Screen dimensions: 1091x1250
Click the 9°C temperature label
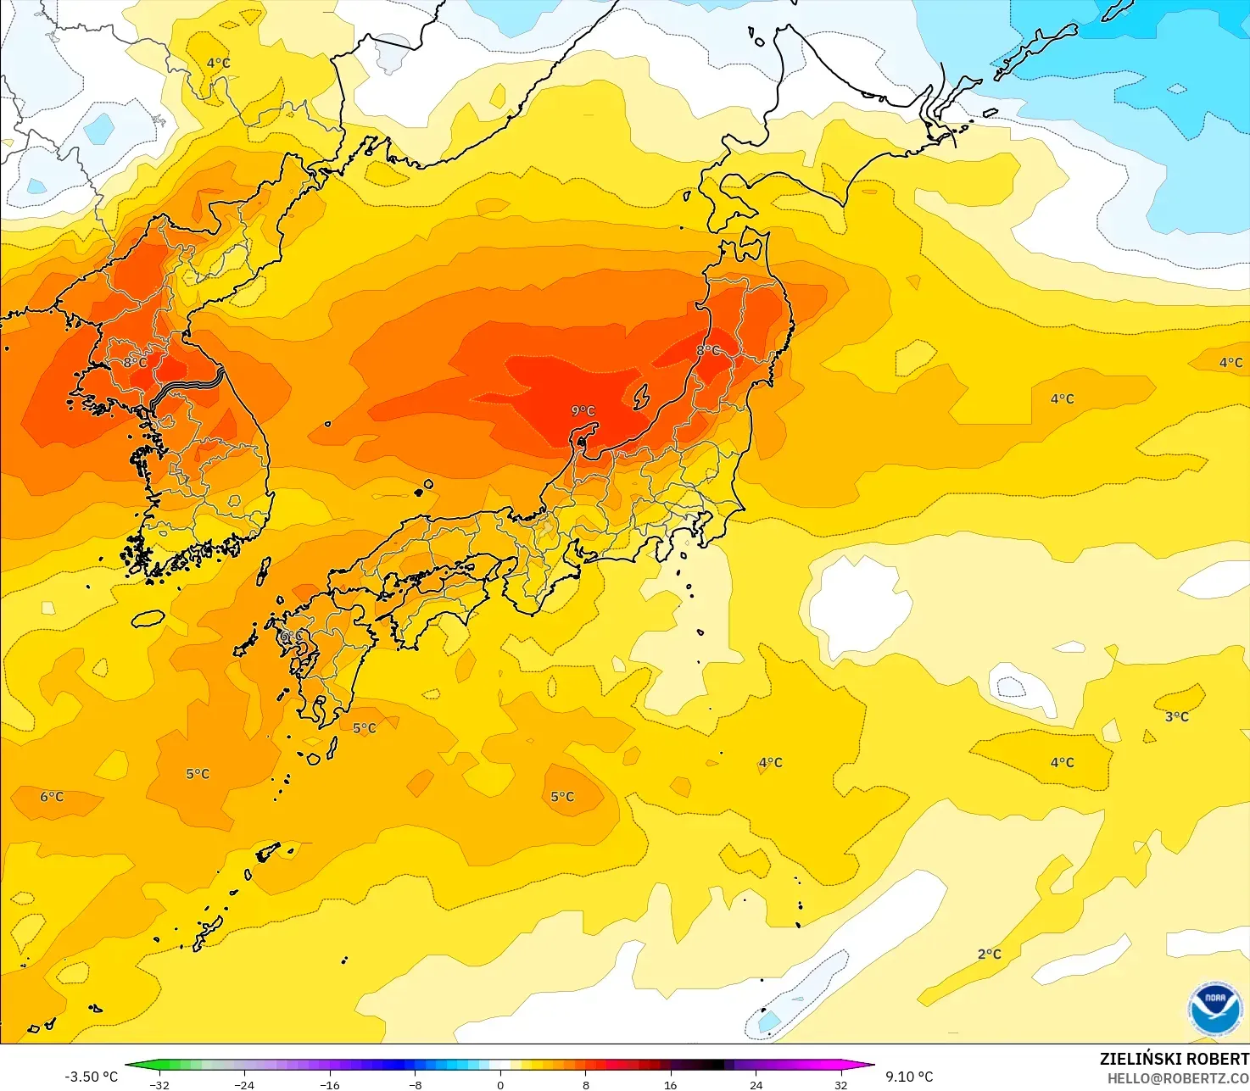[x=583, y=411]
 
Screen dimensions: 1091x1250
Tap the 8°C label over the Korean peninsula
[x=135, y=363]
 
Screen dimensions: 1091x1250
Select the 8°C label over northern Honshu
[x=708, y=351]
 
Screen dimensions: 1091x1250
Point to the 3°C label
[x=1176, y=717]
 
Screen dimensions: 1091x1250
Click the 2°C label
[x=989, y=955]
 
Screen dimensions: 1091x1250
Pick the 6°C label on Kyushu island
[x=289, y=636]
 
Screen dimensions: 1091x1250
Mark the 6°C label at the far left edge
[x=52, y=797]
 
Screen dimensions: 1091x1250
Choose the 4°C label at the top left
[x=218, y=64]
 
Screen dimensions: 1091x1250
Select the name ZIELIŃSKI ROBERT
[x=1174, y=1059]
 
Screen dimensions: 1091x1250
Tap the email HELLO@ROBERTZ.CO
[x=1178, y=1078]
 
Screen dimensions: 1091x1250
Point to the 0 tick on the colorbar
[x=500, y=1084]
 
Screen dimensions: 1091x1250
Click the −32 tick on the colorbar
[x=159, y=1084]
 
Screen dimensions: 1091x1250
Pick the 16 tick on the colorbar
[x=671, y=1084]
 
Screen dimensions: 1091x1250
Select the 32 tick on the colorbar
[x=840, y=1084]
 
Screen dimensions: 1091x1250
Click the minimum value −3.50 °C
[x=92, y=1077]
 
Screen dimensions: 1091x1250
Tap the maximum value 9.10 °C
[x=909, y=1077]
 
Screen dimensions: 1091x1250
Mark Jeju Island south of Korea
[x=148, y=619]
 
